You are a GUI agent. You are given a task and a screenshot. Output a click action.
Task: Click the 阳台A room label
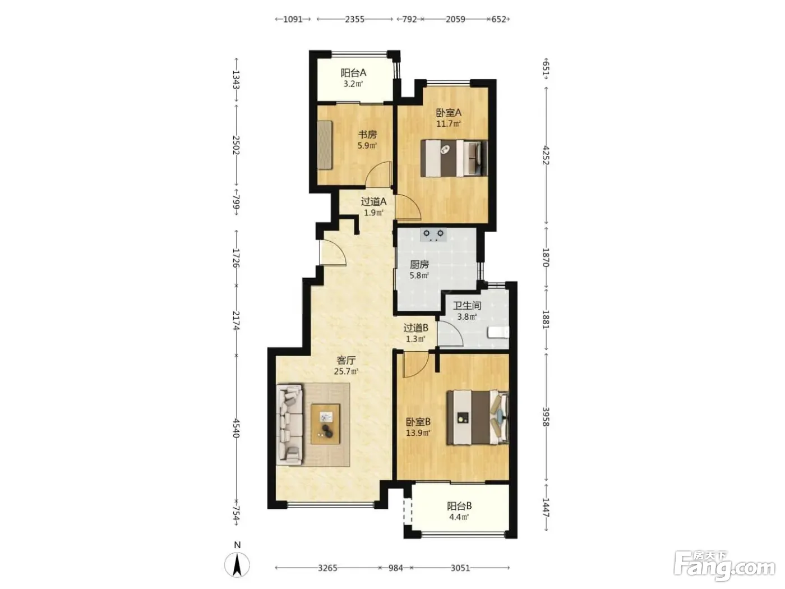353,73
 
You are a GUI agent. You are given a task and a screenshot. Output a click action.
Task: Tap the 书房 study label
367,135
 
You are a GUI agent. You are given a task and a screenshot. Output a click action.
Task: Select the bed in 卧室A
454,158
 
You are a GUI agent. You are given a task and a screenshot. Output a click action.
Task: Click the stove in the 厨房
433,234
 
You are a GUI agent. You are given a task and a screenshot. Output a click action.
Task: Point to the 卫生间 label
467,306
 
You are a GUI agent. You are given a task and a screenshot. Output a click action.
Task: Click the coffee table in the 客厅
325,424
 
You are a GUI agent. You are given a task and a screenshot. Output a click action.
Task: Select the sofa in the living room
290,424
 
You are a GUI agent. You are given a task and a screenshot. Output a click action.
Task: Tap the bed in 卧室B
477,417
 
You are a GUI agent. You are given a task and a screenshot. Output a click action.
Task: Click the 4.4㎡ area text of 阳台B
459,517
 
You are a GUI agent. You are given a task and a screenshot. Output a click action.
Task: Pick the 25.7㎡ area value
346,371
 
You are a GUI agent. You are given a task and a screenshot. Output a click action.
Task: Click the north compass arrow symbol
237,565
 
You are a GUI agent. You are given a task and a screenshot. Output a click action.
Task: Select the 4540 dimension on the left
236,428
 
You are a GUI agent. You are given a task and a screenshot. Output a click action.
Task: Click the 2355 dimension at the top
354,19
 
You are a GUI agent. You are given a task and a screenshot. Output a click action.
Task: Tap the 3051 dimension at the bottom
460,568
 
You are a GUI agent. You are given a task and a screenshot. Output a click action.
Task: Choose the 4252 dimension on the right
546,155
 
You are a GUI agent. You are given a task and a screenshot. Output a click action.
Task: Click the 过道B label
415,328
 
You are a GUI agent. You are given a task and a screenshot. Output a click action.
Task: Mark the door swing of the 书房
378,174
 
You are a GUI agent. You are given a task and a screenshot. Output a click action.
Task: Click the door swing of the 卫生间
450,334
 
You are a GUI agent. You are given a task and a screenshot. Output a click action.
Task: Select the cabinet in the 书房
325,145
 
